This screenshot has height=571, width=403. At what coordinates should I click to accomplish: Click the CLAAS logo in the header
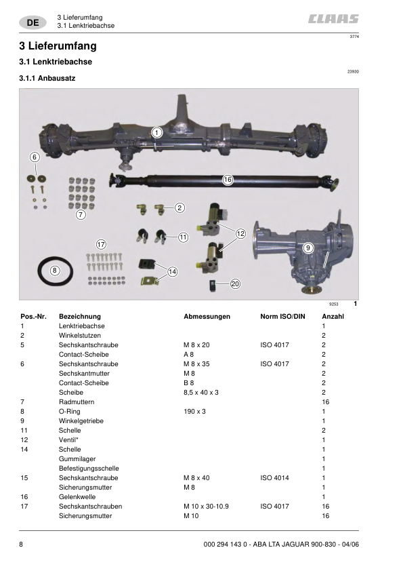(334, 20)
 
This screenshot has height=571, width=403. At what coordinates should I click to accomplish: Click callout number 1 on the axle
(156, 133)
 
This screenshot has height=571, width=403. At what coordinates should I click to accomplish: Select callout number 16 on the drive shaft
(228, 180)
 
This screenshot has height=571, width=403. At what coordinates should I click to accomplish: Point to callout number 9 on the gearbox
(308, 248)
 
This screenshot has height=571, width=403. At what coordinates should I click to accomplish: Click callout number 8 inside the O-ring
(56, 270)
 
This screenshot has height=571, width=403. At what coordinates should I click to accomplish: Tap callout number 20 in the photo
(235, 284)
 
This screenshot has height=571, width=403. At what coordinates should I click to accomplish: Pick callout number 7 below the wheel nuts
(80, 215)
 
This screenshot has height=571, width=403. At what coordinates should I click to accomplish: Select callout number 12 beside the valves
(240, 234)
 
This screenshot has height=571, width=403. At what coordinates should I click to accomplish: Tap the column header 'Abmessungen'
(207, 317)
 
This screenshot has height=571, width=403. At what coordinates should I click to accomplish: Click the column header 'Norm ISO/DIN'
(283, 317)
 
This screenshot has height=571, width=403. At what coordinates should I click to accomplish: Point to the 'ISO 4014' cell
(274, 478)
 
